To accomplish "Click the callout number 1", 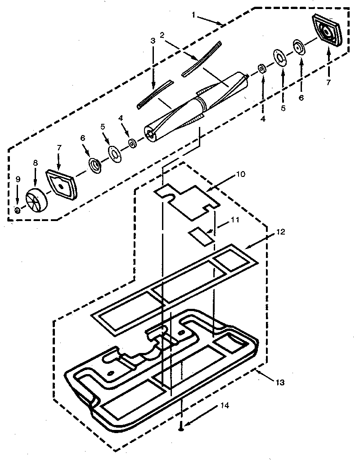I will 193,15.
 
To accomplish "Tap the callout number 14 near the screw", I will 225,406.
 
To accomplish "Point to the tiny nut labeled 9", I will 17,210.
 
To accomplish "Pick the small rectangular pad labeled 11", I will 200,235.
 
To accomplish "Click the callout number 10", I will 241,174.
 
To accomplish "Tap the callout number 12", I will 281,232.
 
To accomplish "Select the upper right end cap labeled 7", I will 327,30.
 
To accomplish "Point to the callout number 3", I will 153,41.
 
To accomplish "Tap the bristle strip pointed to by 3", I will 154,94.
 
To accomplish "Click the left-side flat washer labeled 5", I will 115,154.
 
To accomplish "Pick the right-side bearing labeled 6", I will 298,47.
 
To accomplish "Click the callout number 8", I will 36,163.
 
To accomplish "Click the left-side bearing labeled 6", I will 95,165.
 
